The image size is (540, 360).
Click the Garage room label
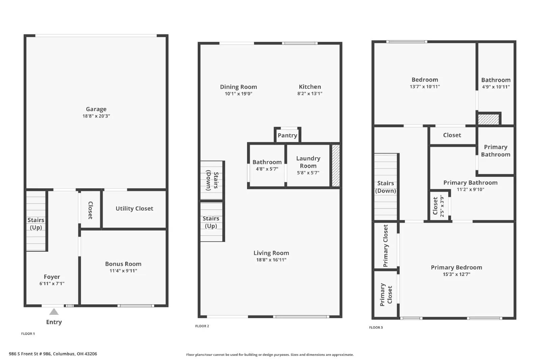[96, 109]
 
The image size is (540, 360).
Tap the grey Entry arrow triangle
[54, 312]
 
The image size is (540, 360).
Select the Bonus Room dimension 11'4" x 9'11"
[123, 271]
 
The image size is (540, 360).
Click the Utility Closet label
[134, 209]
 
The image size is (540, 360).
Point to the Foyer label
[52, 277]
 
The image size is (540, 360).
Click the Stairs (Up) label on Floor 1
[36, 224]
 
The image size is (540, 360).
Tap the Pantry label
[287, 135]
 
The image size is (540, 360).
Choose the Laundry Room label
[308, 162]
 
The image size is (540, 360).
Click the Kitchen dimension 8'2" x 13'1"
[309, 93]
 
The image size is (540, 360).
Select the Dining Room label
[238, 87]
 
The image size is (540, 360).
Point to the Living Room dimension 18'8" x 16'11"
[271, 260]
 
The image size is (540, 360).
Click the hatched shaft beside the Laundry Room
[336, 166]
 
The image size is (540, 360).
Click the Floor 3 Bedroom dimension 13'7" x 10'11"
[425, 87]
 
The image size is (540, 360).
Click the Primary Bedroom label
[456, 267]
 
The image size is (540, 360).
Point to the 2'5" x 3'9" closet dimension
[442, 206]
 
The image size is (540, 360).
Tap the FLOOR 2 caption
[202, 326]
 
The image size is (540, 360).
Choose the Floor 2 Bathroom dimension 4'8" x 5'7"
[267, 169]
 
